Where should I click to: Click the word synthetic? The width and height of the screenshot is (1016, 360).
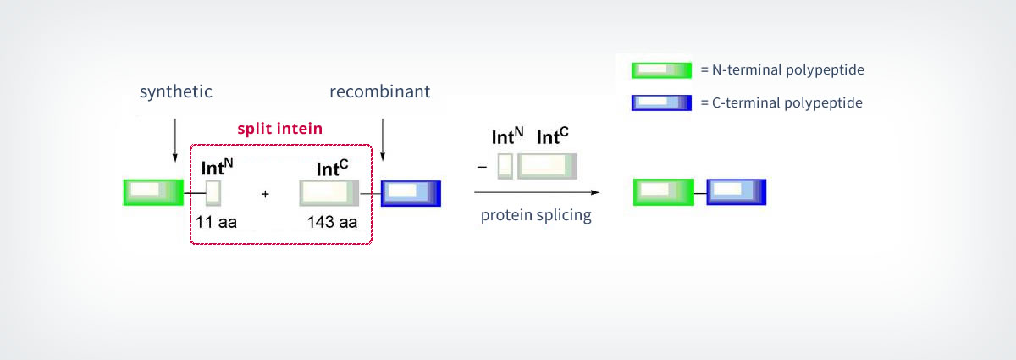175,91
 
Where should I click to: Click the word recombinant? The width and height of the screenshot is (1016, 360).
379,91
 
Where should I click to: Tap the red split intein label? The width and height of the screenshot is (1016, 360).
279,130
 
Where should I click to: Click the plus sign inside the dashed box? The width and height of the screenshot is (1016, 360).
265,194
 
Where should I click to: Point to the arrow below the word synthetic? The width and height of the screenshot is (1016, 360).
174,139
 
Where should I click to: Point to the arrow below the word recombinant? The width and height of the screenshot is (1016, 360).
383,139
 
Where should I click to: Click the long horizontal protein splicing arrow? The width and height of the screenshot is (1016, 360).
542,193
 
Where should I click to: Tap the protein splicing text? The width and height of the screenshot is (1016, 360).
536,215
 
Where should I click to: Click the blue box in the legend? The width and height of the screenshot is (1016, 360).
661,103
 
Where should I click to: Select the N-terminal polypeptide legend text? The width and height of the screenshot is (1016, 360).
781,70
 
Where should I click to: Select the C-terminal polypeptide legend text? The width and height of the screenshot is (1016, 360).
781,103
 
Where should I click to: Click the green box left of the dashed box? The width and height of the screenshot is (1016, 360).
153,192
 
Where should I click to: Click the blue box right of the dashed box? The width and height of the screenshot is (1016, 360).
411,193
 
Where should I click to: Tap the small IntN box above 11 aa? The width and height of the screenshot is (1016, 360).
213,192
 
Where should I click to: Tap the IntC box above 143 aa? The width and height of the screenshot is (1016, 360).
329,193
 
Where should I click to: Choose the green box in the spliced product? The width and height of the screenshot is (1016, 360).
664,192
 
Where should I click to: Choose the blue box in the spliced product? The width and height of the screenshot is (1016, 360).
737,192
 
